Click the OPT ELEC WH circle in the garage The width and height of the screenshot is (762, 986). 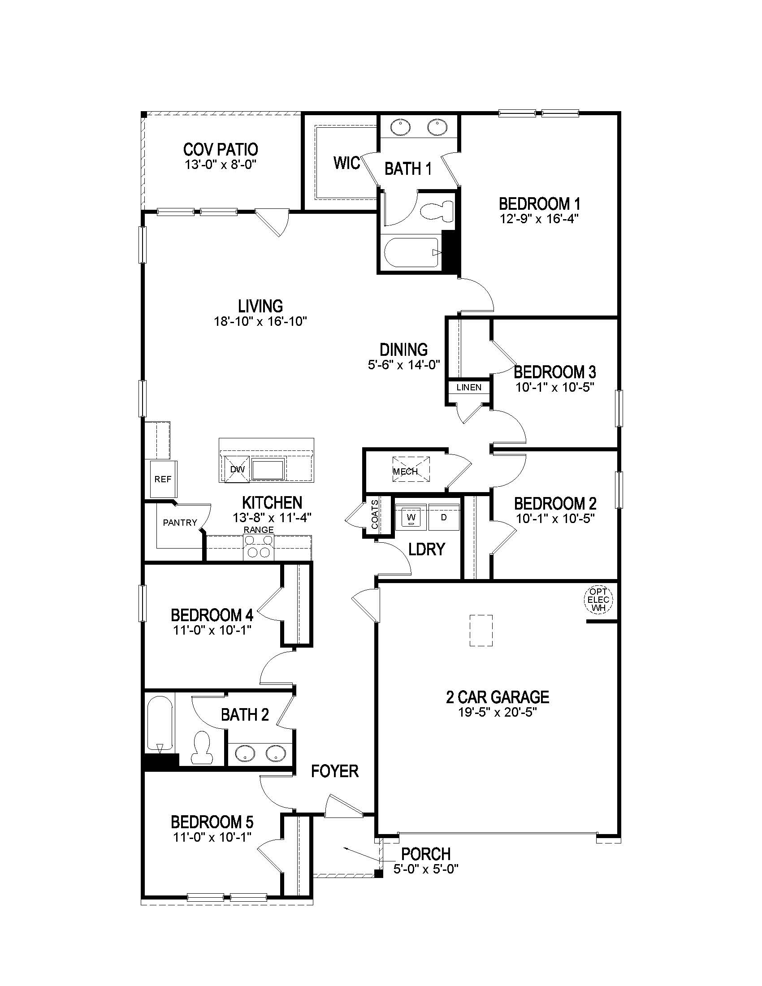598,600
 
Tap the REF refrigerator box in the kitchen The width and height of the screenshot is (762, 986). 163,479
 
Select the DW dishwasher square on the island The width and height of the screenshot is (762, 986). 237,469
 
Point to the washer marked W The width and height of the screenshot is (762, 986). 411,517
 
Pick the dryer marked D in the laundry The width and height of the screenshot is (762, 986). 444,517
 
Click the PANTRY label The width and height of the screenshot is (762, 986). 180,522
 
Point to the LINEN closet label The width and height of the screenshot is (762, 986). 468,387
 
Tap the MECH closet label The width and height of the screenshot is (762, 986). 405,471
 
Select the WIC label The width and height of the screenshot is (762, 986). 346,163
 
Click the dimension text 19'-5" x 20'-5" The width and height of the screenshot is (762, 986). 498,713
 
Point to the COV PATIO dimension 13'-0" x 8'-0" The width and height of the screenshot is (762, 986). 220,164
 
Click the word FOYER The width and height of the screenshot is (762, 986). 334,771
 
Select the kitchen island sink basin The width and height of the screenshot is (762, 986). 268,470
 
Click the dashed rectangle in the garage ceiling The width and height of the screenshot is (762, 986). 481,631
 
